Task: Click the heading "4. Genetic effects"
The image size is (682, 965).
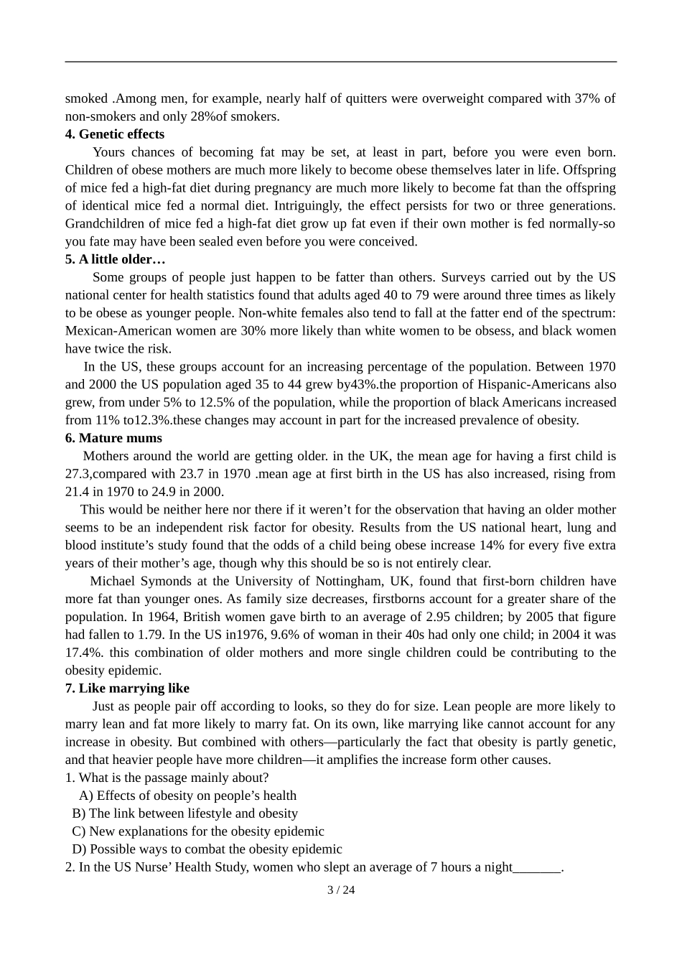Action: click(x=115, y=134)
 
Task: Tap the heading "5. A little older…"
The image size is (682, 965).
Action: click(x=115, y=259)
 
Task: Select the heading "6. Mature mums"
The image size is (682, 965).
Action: click(x=113, y=438)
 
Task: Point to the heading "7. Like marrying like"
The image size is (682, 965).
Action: click(x=127, y=689)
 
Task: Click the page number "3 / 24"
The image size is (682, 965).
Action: click(x=341, y=890)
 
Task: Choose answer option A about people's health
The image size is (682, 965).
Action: click(x=188, y=796)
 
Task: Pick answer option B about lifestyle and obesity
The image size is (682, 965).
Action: click(x=185, y=814)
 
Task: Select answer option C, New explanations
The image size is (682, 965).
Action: click(x=198, y=831)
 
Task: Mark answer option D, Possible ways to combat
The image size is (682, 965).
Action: click(x=207, y=849)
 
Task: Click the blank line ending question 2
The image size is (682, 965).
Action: click(x=537, y=867)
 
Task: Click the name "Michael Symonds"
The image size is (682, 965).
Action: click(x=141, y=582)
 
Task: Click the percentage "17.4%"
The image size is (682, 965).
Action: click(x=80, y=653)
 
